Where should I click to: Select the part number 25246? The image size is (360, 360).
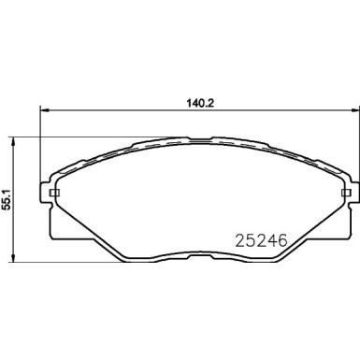tap(252, 239)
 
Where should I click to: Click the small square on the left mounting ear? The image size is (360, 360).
tap(53, 194)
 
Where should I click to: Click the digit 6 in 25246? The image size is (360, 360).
tap(278, 239)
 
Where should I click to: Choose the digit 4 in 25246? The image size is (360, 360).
tap(266, 239)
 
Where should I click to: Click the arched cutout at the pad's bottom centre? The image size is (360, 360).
tap(195, 245)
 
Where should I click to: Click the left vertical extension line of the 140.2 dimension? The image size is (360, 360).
tap(39, 150)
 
